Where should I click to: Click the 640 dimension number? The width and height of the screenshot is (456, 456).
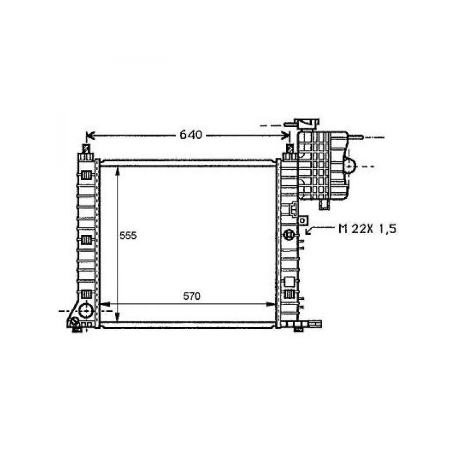(191, 135)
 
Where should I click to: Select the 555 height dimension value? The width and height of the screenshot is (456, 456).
(128, 235)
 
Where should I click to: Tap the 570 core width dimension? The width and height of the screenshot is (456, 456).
(192, 296)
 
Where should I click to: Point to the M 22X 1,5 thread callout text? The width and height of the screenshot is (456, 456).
(367, 229)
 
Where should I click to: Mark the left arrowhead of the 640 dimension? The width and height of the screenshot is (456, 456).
(91, 136)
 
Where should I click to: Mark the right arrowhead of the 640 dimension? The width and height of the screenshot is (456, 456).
(286, 136)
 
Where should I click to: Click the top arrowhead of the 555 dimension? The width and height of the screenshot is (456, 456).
(117, 170)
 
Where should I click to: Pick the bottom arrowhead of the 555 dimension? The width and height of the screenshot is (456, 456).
(117, 317)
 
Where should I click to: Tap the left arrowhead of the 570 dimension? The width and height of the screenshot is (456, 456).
(104, 304)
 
